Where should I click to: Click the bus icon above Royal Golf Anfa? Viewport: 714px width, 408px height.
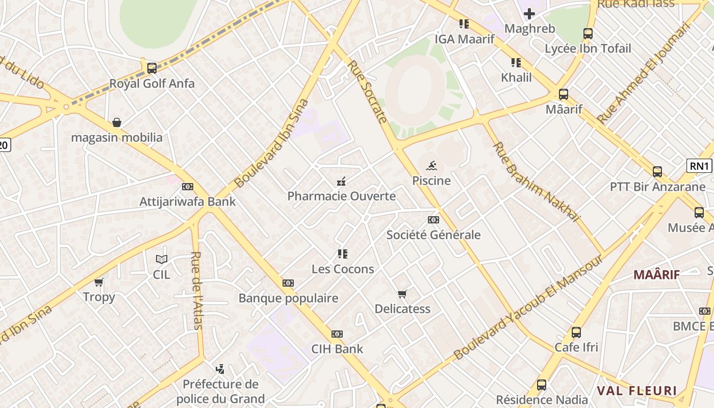[151, 68]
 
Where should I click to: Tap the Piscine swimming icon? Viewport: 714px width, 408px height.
[431, 165]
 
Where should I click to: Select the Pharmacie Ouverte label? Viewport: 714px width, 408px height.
[341, 196]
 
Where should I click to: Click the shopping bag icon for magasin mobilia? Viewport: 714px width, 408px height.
[117, 122]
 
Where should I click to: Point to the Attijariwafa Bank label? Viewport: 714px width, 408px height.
[188, 201]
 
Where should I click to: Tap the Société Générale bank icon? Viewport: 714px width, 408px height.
[433, 220]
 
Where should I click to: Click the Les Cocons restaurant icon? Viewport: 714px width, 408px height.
[342, 254]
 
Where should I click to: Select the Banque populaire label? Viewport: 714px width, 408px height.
[288, 298]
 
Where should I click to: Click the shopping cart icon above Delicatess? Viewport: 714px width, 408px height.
[402, 294]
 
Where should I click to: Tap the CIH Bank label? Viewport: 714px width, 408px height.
[337, 349]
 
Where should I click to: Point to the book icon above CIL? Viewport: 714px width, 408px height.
[162, 259]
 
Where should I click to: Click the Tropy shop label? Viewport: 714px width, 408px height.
[99, 297]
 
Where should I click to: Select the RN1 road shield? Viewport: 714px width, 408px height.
[699, 166]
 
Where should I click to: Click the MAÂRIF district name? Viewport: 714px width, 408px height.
[656, 275]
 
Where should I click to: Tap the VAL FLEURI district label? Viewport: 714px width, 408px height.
[636, 391]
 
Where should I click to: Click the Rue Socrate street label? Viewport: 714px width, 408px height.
[367, 92]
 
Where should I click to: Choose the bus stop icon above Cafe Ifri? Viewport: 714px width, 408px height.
[576, 333]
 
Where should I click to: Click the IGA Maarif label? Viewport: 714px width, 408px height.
[464, 39]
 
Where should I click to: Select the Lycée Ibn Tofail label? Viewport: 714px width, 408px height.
[588, 49]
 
